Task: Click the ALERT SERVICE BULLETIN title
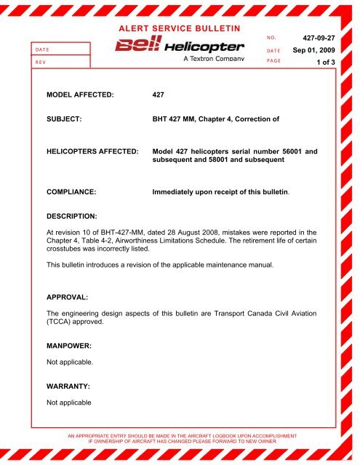click(x=179, y=27)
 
